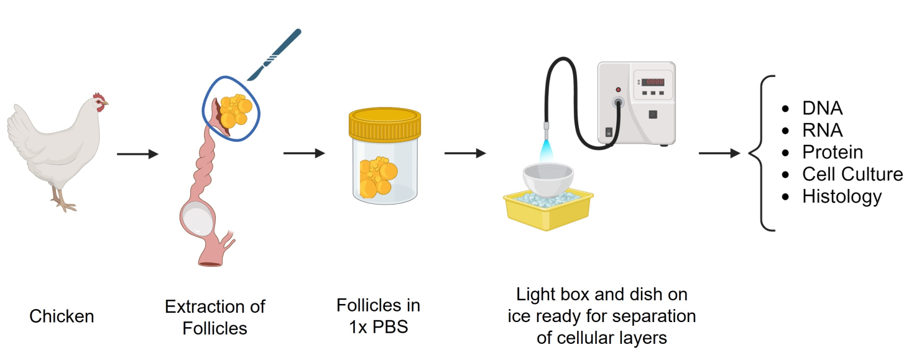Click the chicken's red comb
pyautogui.click(x=98, y=97)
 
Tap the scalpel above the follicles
pyautogui.click(x=274, y=54)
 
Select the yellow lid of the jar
pyautogui.click(x=385, y=124)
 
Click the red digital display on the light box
pyautogui.click(x=653, y=82)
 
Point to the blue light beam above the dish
pyautogui.click(x=545, y=152)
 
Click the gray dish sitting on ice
pyautogui.click(x=548, y=180)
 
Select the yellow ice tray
pyautogui.click(x=548, y=211)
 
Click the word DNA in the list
pyautogui.click(x=822, y=108)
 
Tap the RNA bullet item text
pyautogui.click(x=822, y=130)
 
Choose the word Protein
pyautogui.click(x=833, y=152)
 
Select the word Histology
pyautogui.click(x=842, y=196)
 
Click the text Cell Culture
pyautogui.click(x=852, y=174)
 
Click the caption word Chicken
pyautogui.click(x=62, y=316)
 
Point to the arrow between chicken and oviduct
pyautogui.click(x=137, y=154)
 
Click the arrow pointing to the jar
pyautogui.click(x=304, y=153)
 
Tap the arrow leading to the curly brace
pyautogui.click(x=719, y=153)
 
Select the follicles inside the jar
pyautogui.click(x=378, y=178)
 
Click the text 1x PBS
pyautogui.click(x=378, y=327)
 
